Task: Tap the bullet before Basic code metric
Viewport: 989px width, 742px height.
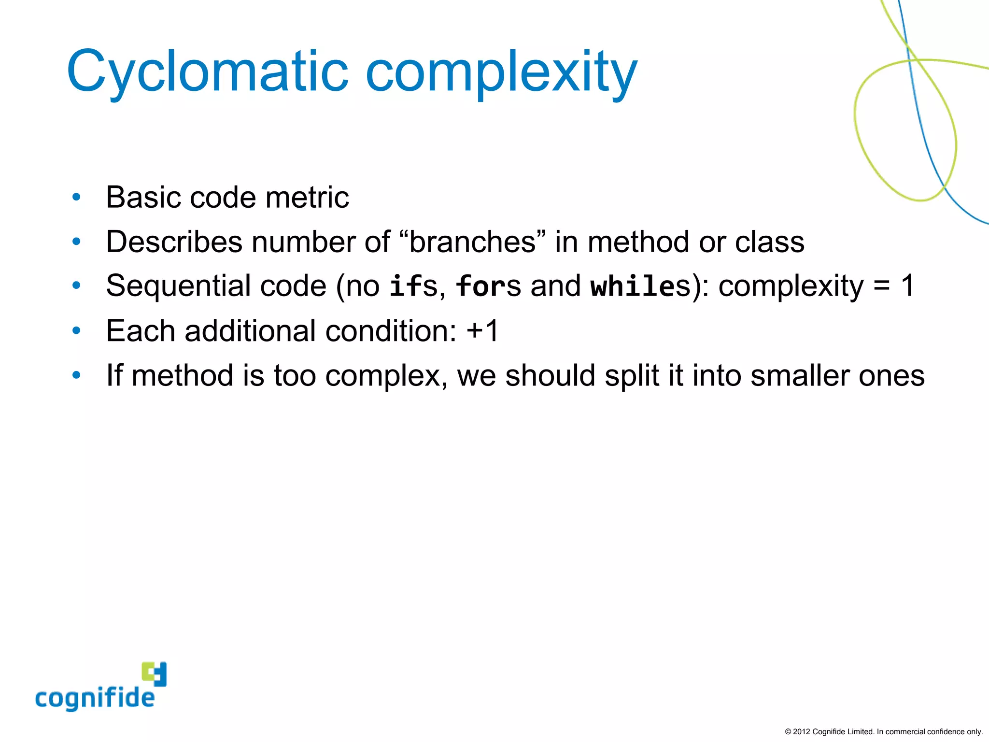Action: pos(76,197)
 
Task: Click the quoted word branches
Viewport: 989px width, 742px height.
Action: pos(472,242)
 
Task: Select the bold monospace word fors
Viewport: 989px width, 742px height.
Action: pos(488,286)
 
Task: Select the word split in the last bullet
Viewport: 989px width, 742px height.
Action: pos(632,375)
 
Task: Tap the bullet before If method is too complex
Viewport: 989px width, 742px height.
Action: pos(76,375)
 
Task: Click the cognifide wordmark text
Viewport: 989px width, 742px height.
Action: pos(95,699)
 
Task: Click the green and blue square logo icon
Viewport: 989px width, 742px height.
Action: pos(155,674)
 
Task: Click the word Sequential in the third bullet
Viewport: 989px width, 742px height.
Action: pos(178,286)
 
